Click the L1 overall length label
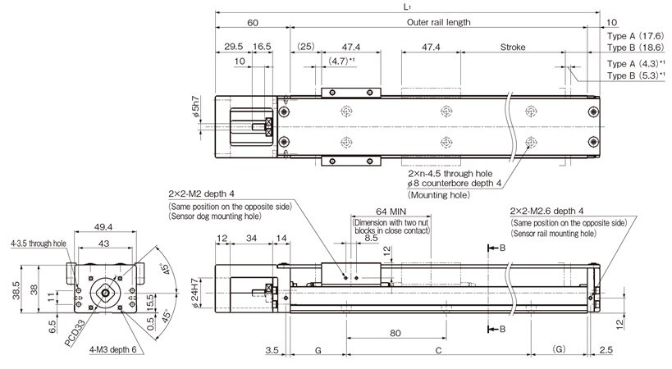pos(408,7)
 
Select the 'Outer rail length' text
pos(439,22)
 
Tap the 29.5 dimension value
pos(231,48)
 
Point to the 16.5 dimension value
pos(263,48)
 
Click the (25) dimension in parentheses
pos(305,48)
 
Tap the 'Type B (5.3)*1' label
pos(635,75)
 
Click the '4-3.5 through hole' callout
pos(39,244)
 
